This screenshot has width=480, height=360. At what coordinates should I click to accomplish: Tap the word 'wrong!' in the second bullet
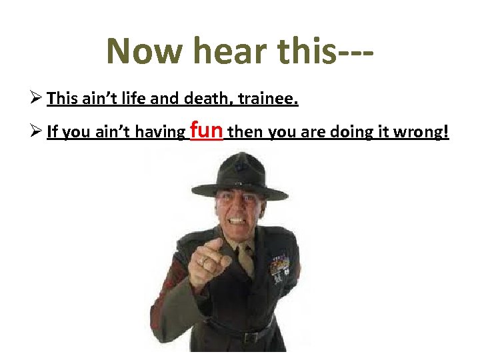[422, 133]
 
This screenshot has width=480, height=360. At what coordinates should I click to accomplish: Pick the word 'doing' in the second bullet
[349, 133]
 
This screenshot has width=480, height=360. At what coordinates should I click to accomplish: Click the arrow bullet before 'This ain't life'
[37, 99]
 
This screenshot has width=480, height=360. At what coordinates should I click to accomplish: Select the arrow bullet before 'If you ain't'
[37, 132]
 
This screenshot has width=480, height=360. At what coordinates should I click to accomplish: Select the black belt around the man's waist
[240, 329]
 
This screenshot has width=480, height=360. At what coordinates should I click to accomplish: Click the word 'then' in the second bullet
[245, 133]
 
